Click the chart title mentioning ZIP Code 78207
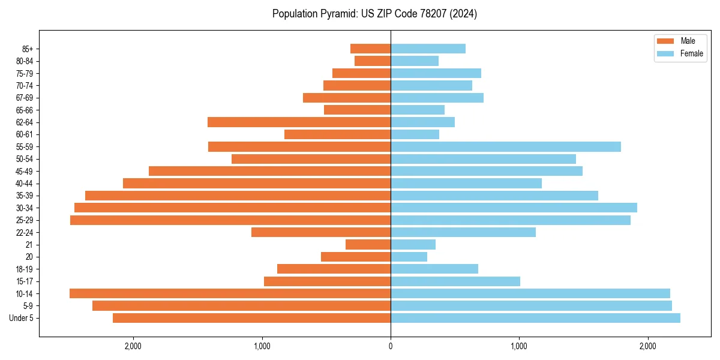[x=374, y=14]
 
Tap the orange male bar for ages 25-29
[x=230, y=220]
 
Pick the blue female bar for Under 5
[x=535, y=318]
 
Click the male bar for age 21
[x=368, y=245]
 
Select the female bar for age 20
[x=409, y=257]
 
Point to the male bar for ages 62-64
[x=299, y=122]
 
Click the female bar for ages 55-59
[x=506, y=147]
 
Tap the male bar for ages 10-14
[x=230, y=293]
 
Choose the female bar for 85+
[x=428, y=49]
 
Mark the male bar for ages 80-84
[x=373, y=61]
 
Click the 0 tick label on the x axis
[x=391, y=346]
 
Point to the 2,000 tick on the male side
[x=133, y=346]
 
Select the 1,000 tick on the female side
[x=519, y=346]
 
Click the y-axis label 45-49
[x=25, y=172]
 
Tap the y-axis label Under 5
[x=22, y=318]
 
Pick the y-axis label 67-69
[x=25, y=98]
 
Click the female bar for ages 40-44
[x=466, y=184]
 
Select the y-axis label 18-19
[x=25, y=269]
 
